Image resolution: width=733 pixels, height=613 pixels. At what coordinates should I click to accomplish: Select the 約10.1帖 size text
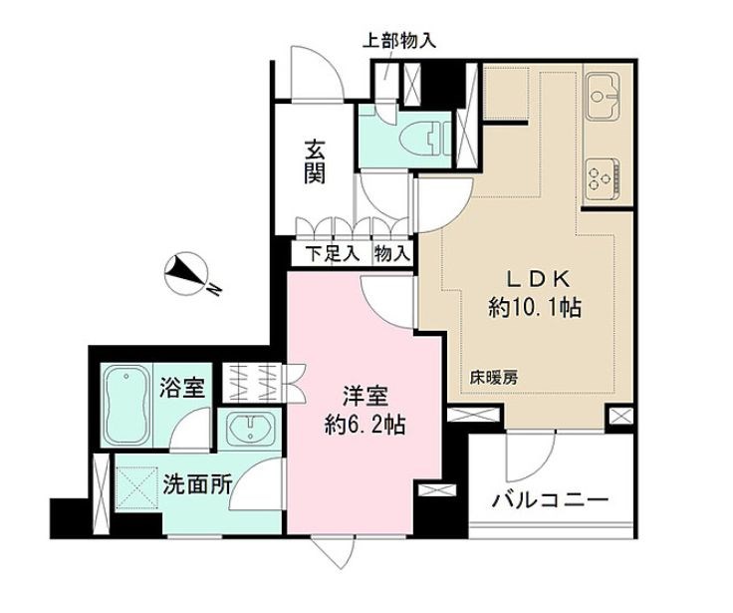(x=535, y=309)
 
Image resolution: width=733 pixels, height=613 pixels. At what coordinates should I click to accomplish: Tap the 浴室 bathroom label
(x=182, y=388)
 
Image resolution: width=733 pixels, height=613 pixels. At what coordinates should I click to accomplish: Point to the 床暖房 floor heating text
(x=495, y=378)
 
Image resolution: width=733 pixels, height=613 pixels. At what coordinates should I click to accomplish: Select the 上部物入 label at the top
(x=397, y=42)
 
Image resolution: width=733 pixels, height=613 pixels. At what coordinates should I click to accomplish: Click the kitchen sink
(x=605, y=99)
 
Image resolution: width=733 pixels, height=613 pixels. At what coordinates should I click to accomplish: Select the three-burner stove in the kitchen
(x=604, y=179)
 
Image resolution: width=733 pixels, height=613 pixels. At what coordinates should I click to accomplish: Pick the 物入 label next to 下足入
(x=391, y=254)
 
